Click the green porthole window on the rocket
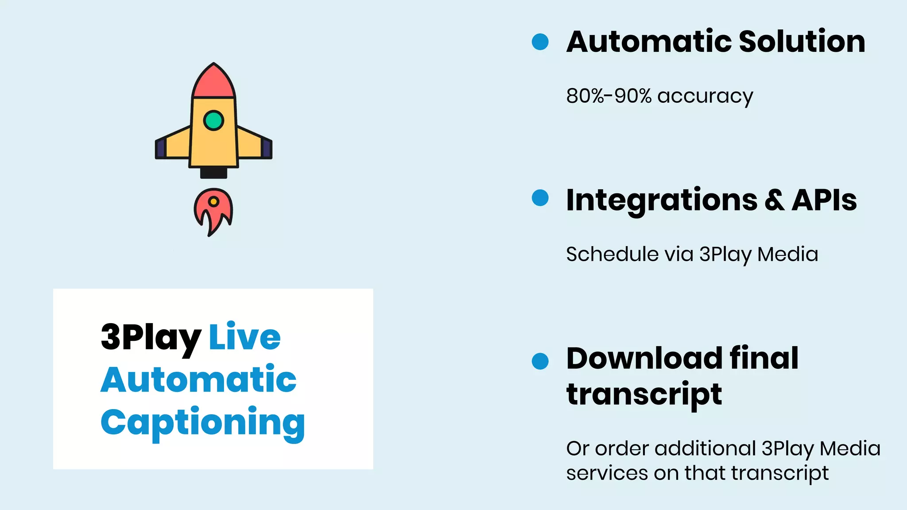click(213, 120)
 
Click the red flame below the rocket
click(213, 210)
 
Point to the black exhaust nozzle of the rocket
click(213, 173)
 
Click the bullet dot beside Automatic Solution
click(540, 42)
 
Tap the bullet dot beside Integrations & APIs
click(540, 197)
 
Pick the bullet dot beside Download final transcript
click(540, 361)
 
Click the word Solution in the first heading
click(802, 42)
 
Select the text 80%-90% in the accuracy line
click(609, 96)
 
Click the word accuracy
click(705, 97)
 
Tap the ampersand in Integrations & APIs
click(775, 200)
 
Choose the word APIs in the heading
click(824, 200)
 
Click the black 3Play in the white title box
click(151, 337)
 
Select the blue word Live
click(244, 336)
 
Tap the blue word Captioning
click(202, 423)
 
